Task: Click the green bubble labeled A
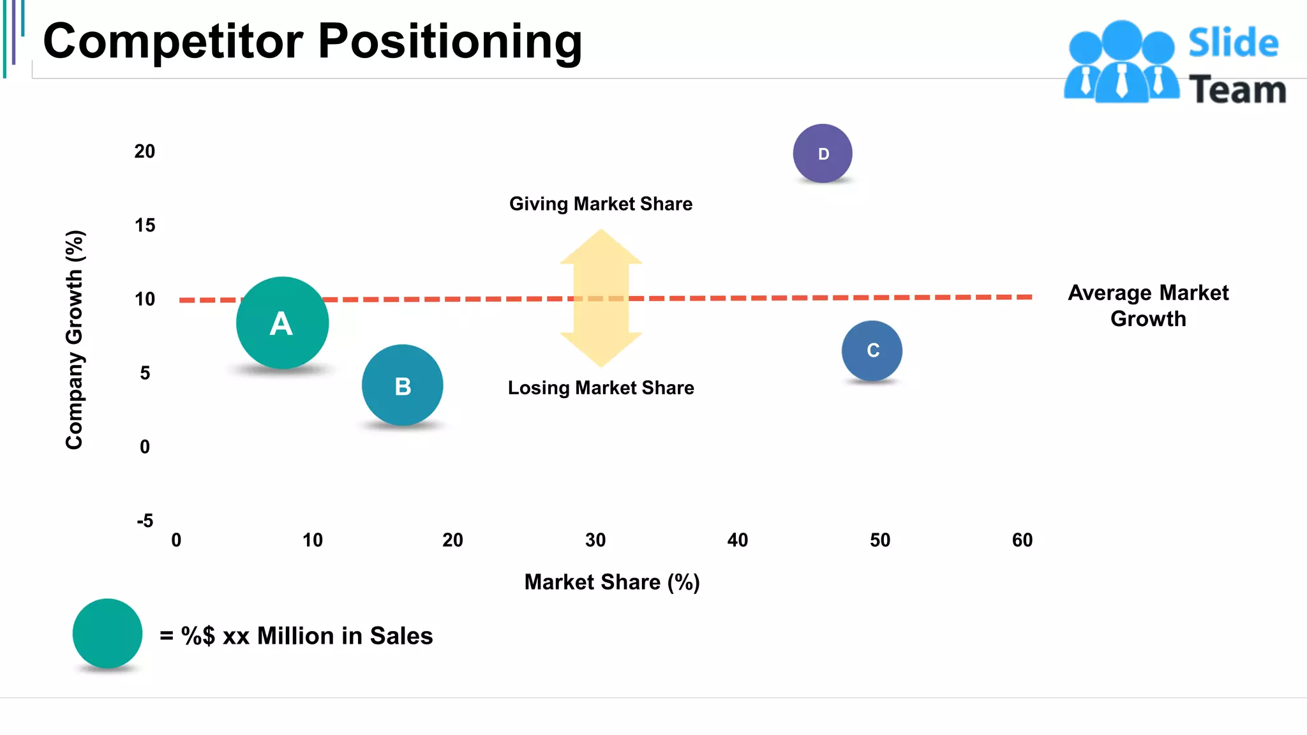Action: (x=282, y=323)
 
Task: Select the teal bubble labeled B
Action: (x=402, y=385)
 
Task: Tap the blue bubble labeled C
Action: (x=872, y=350)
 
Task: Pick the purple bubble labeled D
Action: (x=823, y=153)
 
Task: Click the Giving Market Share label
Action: (x=601, y=204)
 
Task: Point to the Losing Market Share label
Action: (x=601, y=388)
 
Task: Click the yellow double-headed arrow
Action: (x=601, y=298)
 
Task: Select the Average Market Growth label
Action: (x=1148, y=306)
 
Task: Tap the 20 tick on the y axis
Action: (x=145, y=152)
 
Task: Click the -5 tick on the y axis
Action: (x=145, y=521)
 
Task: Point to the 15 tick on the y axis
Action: (x=145, y=225)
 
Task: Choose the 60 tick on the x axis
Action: (x=1022, y=540)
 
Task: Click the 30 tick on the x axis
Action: (x=595, y=540)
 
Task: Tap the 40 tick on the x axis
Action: (x=737, y=540)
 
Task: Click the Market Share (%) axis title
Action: (x=612, y=583)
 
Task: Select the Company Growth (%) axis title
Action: (x=75, y=339)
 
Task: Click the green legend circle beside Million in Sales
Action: (x=107, y=634)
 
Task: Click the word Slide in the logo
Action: (x=1233, y=43)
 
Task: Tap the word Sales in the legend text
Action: (x=401, y=636)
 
